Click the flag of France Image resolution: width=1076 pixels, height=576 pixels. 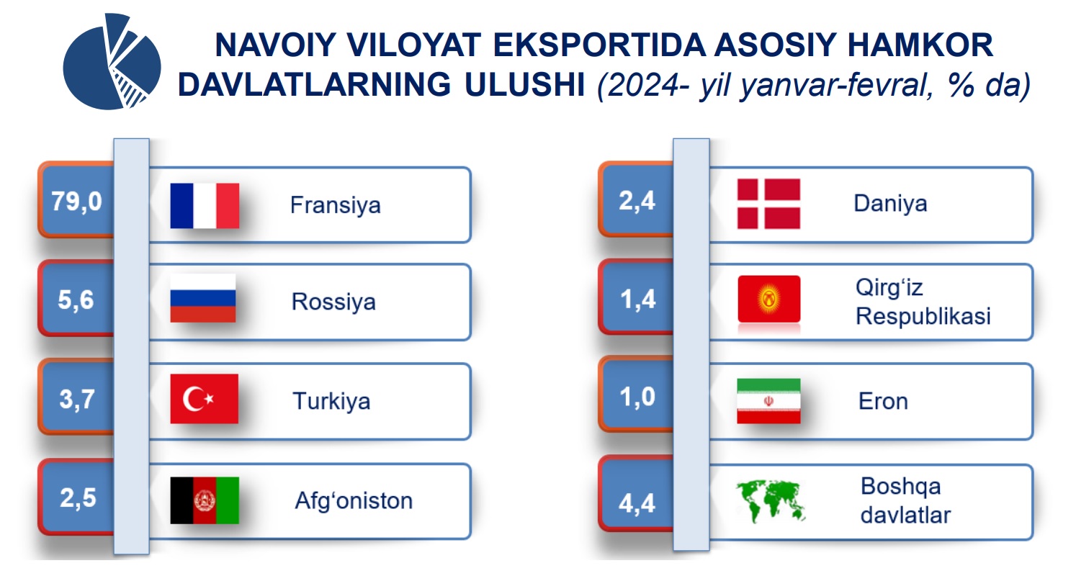point(205,206)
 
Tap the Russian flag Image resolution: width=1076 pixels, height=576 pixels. point(203,298)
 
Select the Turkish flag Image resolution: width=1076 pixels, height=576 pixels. point(204,399)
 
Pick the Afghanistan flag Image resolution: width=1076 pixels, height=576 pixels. point(205,500)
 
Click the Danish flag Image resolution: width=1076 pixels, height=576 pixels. point(768,204)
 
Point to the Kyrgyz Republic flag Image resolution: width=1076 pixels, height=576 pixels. point(769,299)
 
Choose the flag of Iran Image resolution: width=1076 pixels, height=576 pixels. point(768,401)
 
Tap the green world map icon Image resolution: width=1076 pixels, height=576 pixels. point(771,501)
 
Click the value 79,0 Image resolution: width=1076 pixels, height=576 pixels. point(77,202)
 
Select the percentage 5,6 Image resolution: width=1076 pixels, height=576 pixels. point(76,300)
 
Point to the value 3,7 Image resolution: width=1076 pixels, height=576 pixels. point(77,399)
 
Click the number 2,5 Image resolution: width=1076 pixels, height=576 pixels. point(78,498)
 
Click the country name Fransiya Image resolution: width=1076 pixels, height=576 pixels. point(336,206)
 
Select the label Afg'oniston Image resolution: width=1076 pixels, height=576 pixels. point(354,500)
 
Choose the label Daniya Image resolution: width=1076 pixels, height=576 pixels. point(890,204)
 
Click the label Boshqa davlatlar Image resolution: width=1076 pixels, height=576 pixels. point(905,500)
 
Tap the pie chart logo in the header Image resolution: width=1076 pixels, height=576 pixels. point(112,61)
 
